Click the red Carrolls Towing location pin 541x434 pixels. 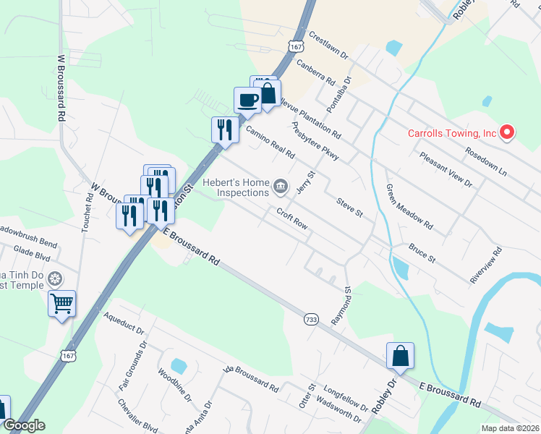(507, 132)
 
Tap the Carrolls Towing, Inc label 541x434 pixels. (452, 133)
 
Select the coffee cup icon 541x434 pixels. (247, 99)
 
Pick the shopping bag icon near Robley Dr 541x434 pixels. (400, 355)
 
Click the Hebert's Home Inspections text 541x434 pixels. (237, 189)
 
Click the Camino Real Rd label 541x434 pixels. (270, 142)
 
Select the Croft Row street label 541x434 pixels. (292, 218)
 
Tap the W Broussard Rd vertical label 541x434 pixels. (61, 86)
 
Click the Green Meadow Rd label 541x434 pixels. (409, 206)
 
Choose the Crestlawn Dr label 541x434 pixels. (328, 45)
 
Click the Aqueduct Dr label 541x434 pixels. (124, 326)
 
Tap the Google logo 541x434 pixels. (24, 425)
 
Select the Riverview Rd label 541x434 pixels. (485, 267)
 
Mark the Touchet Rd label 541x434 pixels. (88, 207)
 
